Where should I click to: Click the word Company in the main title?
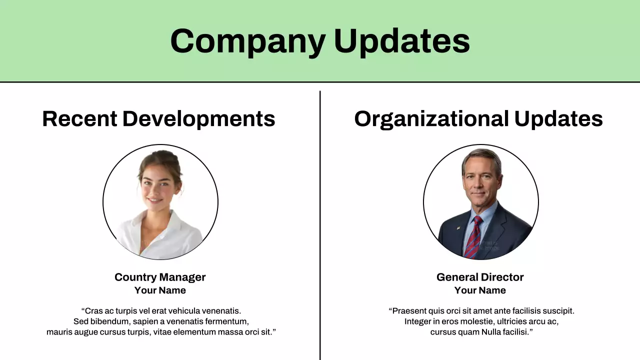click(x=247, y=41)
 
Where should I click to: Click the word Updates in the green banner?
click(x=402, y=41)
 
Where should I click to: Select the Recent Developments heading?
click(x=158, y=119)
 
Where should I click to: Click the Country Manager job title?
click(x=160, y=277)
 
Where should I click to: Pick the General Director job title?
click(x=480, y=277)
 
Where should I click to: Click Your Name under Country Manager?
click(x=160, y=290)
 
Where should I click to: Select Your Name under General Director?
click(x=480, y=290)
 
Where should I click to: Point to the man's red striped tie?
click(x=472, y=237)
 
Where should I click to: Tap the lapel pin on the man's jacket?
click(x=457, y=227)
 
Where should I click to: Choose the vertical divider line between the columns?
click(x=320, y=225)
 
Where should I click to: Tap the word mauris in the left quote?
click(x=59, y=332)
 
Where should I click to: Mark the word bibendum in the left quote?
click(x=109, y=321)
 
